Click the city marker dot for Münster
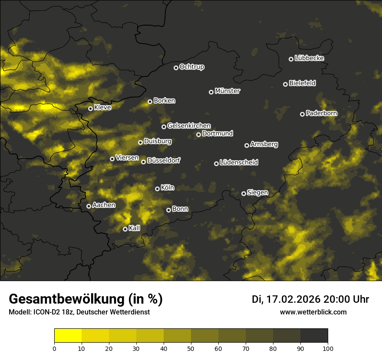coord(211,92)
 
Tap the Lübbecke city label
coord(309,58)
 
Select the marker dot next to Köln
coord(157,189)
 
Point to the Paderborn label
coord(321,113)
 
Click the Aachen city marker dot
coord(89,206)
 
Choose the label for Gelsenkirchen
coord(189,126)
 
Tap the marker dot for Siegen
coord(244,193)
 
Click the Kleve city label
coord(102,108)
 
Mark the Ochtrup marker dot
coord(176,68)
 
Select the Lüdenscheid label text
coord(239,163)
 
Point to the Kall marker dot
coord(125,229)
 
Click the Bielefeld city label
coord(302,83)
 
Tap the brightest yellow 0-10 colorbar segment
coord(68,336)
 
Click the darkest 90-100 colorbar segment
coord(314,336)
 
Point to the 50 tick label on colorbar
coord(191,348)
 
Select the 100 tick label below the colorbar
coord(327,348)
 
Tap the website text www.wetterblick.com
coord(313,312)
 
